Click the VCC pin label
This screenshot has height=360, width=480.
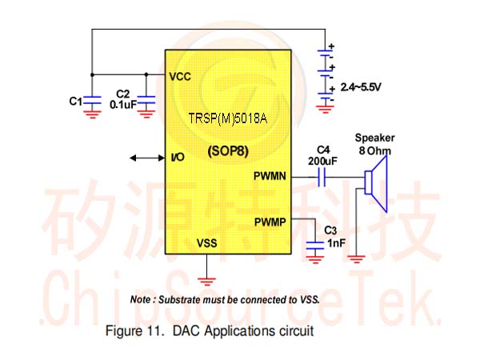pos(180,77)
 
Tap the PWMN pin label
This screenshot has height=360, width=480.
pos(270,176)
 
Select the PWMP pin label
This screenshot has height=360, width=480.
pos(270,222)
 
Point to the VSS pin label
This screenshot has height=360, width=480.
pos(206,243)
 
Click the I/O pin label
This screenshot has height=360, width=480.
pos(178,158)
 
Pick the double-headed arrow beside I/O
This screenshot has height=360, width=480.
pos(147,158)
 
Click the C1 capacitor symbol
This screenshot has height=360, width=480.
pos(92,100)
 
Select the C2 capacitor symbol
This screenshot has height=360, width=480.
pos(146,100)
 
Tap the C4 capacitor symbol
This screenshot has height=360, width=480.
pos(322,178)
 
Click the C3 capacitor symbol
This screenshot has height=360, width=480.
pos(315,245)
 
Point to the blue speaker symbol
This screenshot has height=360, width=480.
pos(376,183)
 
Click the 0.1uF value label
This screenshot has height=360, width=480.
pos(123,105)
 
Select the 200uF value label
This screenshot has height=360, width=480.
pos(322,161)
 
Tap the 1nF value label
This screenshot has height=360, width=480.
pos(337,243)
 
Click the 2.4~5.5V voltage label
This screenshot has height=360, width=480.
pos(361,87)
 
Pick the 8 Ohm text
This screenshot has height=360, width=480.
pos(375,150)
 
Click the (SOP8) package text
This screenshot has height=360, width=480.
pos(228,151)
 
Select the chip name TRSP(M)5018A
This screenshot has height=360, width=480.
pos(228,118)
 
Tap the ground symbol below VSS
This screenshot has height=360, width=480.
pos(206,282)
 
